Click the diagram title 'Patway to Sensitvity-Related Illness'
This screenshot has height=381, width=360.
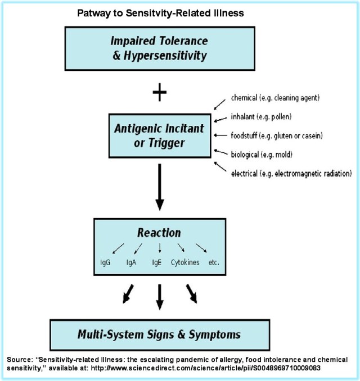[160, 13]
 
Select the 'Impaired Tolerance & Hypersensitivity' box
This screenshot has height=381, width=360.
[160, 48]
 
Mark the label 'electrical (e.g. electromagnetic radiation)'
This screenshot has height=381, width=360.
[291, 173]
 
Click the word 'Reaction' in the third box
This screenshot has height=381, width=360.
[159, 233]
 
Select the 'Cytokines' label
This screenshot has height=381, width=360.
[185, 262]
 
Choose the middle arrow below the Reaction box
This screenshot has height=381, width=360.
[160, 296]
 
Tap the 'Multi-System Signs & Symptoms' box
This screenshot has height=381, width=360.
[160, 335]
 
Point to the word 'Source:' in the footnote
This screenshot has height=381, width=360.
[21, 359]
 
